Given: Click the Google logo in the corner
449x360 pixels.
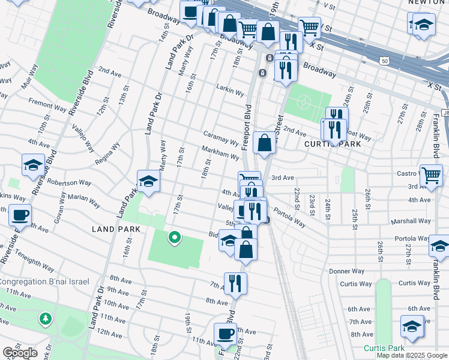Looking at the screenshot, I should point(20,353).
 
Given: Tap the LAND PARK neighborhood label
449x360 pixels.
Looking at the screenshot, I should point(116,229).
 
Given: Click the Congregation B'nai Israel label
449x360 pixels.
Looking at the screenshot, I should point(44,281).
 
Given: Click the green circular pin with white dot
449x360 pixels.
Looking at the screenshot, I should point(174,238).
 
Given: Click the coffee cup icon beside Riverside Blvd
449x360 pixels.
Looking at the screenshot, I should point(20,214).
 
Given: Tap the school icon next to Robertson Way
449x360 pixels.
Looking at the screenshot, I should point(148,181).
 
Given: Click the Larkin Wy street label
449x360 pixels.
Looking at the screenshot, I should point(231,92).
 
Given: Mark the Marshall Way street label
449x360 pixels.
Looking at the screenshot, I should point(411,221).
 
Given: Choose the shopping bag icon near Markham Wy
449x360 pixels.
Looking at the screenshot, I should point(264,143).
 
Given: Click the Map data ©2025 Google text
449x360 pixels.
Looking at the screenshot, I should point(412,355).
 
